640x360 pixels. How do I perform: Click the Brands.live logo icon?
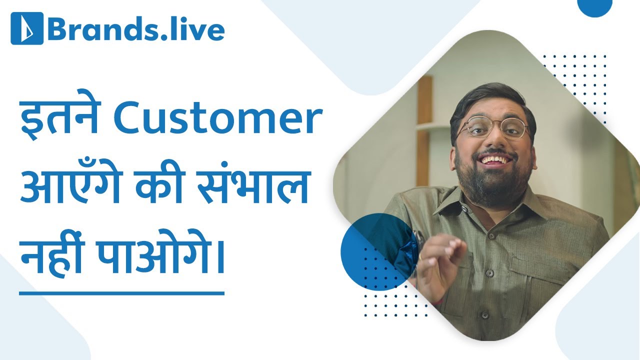[x=27, y=28]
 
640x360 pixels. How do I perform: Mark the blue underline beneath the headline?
[x=121, y=293]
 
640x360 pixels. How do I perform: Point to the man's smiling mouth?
[x=495, y=161]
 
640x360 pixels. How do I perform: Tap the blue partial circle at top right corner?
[x=595, y=7]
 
